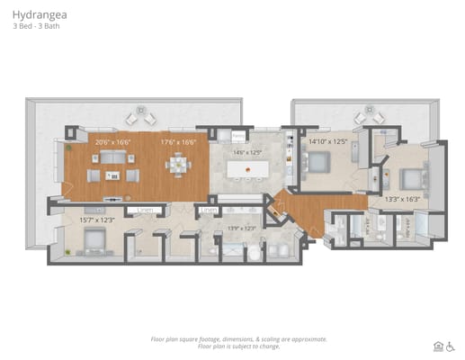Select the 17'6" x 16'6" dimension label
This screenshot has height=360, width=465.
coord(178,141)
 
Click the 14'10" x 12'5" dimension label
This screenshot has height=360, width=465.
coord(327,141)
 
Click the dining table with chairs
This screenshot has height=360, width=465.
coord(178,165)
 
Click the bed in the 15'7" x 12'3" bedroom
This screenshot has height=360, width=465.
coord(93,241)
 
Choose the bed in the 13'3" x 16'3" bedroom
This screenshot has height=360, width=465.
coord(411,175)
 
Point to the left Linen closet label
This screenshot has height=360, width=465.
coord(144,210)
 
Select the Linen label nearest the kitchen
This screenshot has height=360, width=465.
coord(209,210)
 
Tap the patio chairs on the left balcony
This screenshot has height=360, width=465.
coord(140,116)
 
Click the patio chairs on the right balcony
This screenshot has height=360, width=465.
coord(369,116)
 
